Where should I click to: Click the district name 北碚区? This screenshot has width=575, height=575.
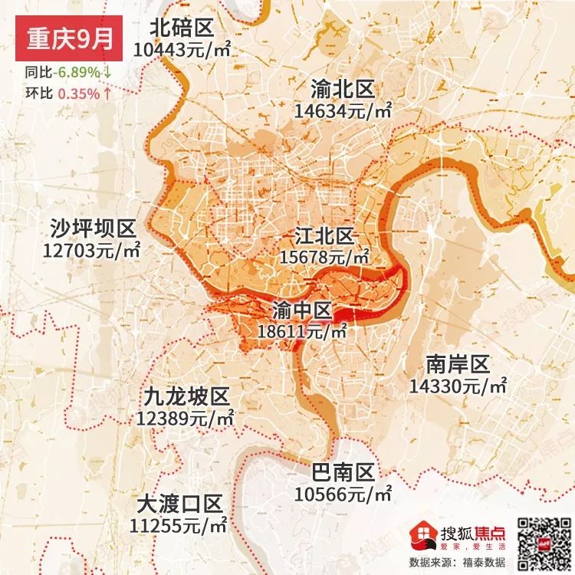[182, 29]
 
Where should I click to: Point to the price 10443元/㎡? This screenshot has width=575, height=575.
[182, 50]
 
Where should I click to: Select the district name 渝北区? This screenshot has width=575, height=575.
[343, 90]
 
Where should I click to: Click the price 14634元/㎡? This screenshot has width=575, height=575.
[343, 111]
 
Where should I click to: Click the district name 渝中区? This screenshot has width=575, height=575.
[303, 310]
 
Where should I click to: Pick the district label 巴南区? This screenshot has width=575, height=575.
[343, 471]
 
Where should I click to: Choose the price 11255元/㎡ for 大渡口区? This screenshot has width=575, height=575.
[180, 526]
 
